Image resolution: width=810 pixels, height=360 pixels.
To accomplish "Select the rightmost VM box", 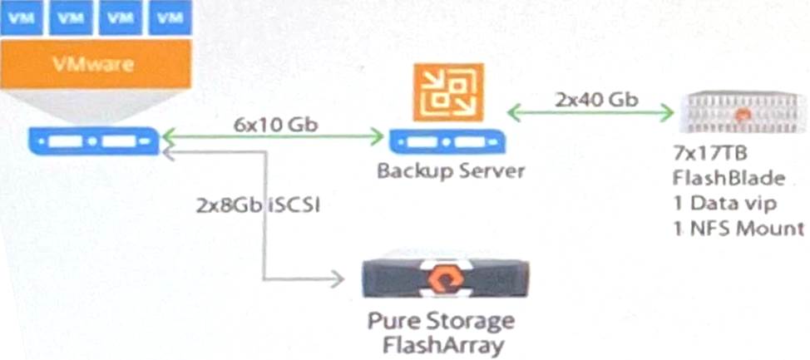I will point(171,17).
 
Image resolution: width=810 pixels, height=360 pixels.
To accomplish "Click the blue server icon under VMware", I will point(92,139).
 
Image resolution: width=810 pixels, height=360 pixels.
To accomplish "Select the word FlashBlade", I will point(729,179).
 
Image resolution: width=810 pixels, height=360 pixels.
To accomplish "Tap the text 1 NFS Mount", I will point(738,229).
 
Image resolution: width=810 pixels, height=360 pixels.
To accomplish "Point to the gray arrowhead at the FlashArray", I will point(337,279).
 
